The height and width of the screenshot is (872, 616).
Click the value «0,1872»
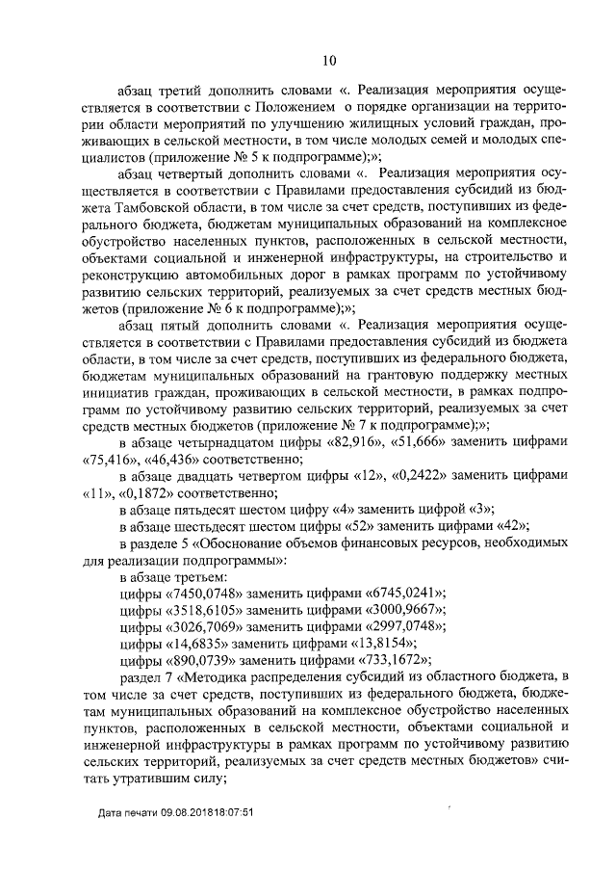(x=163, y=493)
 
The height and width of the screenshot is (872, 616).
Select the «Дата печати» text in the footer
(x=135, y=839)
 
